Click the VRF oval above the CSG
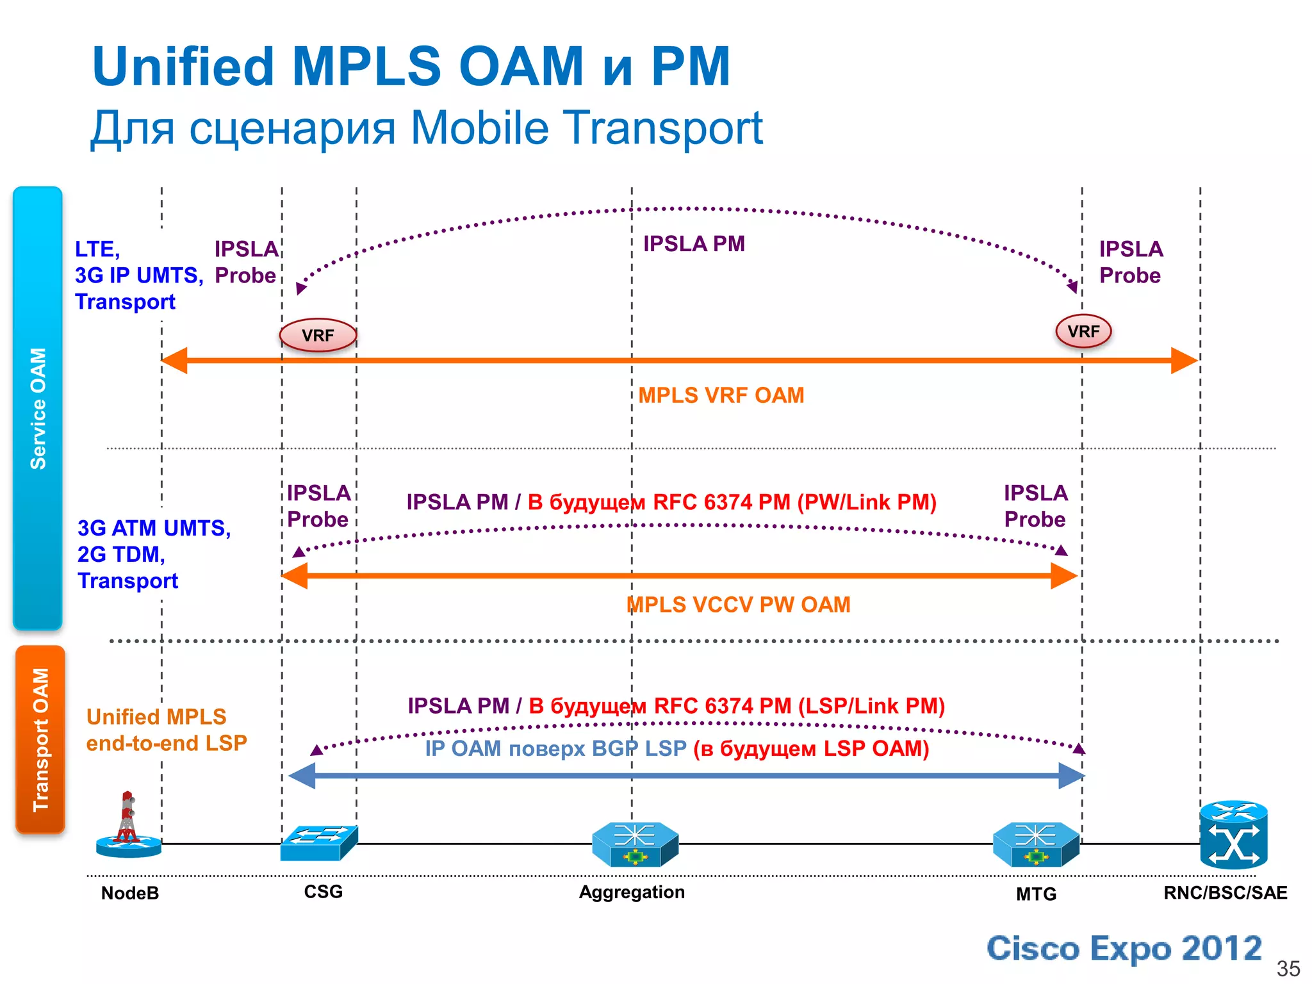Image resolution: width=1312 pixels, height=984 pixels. click(318, 335)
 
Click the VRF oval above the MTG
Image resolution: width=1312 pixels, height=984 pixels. click(1083, 331)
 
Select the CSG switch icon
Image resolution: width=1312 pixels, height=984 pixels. click(318, 842)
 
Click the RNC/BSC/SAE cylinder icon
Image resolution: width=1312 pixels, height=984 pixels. click(1233, 835)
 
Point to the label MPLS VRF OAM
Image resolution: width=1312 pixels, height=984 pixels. click(721, 395)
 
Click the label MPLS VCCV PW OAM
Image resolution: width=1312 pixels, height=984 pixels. click(738, 605)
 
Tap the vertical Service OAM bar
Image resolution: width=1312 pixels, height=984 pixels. click(38, 408)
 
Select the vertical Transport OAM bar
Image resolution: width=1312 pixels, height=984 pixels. click(40, 739)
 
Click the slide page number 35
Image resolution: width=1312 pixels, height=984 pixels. click(1288, 968)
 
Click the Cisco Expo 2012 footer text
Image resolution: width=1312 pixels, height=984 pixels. click(1124, 948)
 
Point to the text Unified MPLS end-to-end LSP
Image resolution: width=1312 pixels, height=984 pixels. click(166, 730)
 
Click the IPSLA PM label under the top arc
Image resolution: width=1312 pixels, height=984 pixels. click(694, 244)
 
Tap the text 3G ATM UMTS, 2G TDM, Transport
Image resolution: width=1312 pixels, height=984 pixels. click(153, 554)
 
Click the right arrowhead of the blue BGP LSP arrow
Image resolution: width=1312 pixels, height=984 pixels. click(1071, 776)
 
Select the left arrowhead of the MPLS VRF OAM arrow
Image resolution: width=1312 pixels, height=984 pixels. click(174, 361)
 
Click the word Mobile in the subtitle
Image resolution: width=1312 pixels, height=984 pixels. click(479, 127)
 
